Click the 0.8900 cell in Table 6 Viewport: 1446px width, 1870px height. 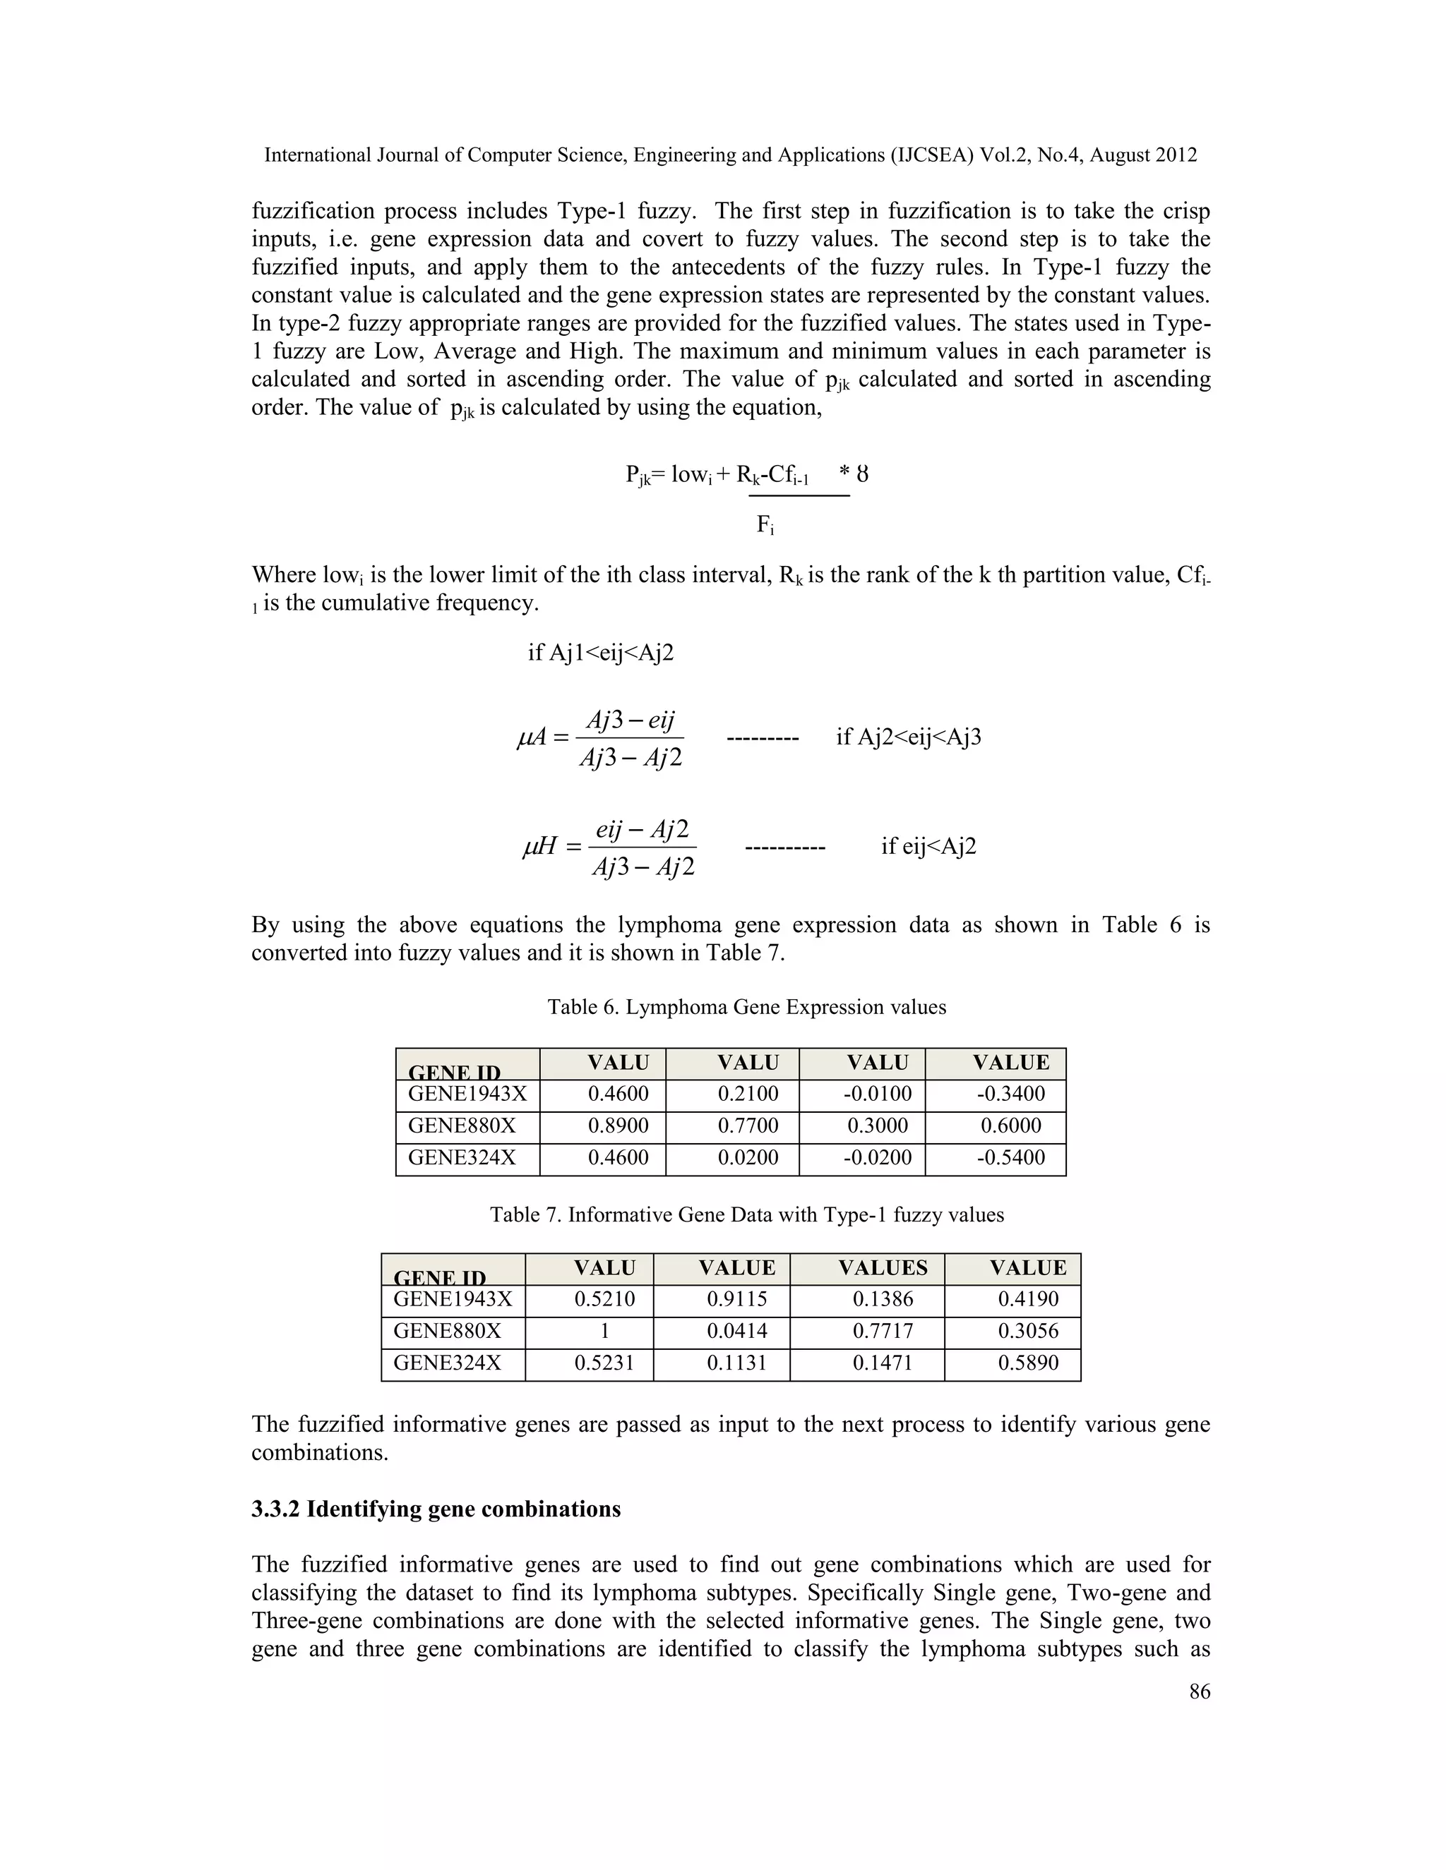click(x=618, y=1126)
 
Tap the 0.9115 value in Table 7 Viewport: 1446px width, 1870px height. click(x=736, y=1300)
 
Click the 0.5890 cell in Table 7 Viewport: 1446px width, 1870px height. click(x=1028, y=1363)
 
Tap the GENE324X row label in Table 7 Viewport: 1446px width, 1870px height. click(x=447, y=1363)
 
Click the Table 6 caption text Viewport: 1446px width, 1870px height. click(x=746, y=1007)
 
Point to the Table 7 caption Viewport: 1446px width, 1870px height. click(x=746, y=1215)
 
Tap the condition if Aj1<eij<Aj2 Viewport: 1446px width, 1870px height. click(x=601, y=653)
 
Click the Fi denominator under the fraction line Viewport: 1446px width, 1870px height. click(x=765, y=525)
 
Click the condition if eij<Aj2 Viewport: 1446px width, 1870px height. click(x=928, y=847)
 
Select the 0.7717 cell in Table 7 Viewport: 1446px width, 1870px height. click(x=883, y=1332)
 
